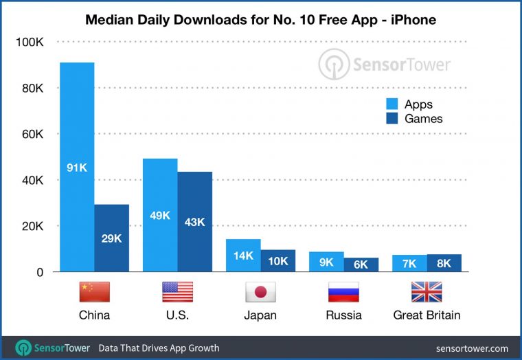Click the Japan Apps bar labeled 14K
coord(244,256)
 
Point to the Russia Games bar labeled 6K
coord(361,265)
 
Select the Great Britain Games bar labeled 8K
coord(444,263)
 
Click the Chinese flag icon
coord(94,293)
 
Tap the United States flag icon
coord(177,293)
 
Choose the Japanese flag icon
coord(260,293)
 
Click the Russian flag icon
coord(344,293)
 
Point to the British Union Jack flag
coord(427,293)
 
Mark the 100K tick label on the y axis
coord(30,43)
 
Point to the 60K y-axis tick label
coord(32,135)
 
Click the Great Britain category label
coord(427,315)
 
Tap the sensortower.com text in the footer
coord(471,348)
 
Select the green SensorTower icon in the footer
coord(24,348)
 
